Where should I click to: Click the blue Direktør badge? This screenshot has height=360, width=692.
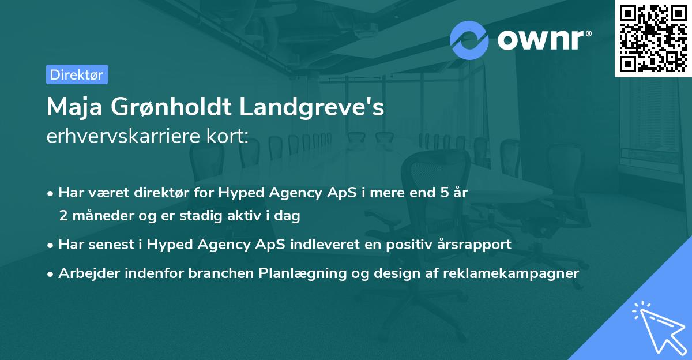tap(77, 74)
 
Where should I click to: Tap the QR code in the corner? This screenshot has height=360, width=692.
tap(653, 38)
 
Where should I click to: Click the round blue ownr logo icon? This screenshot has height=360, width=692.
tap(469, 39)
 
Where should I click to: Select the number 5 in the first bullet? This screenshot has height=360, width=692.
tap(444, 193)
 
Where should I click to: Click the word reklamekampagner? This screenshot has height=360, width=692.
tap(511, 273)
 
